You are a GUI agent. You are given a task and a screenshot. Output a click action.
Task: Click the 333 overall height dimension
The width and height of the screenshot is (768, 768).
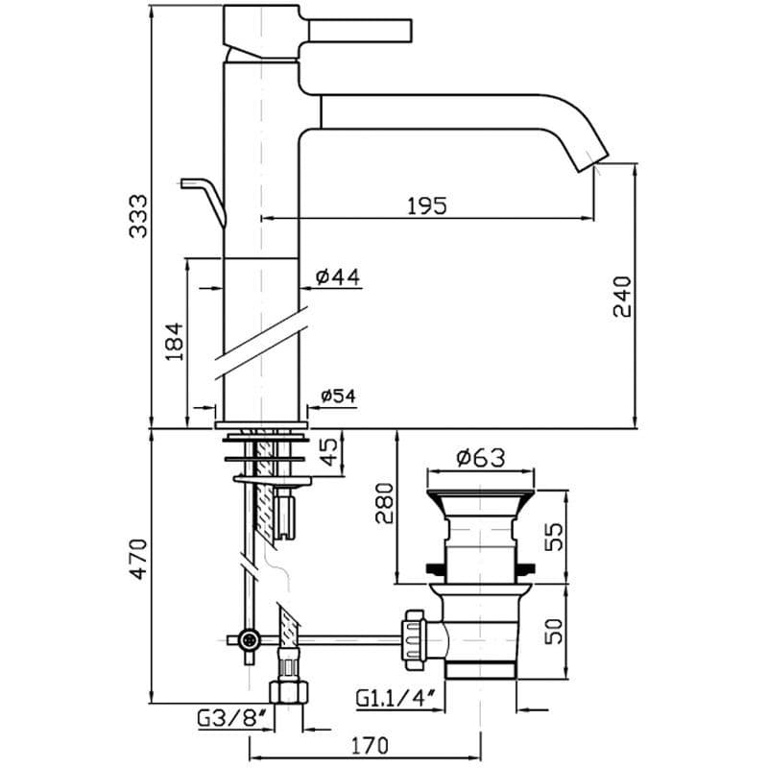click(138, 217)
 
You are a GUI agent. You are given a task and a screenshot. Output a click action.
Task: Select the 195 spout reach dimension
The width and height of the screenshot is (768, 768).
click(427, 205)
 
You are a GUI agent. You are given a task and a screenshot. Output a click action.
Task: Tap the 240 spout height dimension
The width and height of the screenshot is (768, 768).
click(622, 297)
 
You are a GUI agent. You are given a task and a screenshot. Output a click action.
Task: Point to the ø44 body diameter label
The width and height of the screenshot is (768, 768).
click(338, 276)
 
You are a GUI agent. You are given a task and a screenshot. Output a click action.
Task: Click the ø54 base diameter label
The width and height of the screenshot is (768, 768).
click(339, 396)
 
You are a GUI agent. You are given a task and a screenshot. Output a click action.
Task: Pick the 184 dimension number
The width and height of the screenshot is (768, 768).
click(175, 342)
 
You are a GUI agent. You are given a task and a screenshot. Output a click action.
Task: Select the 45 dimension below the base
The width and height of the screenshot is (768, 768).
click(330, 451)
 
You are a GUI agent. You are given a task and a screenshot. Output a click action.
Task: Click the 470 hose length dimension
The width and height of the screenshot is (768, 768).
click(138, 559)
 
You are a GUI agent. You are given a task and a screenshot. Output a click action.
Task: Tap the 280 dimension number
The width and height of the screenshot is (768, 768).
click(385, 503)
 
